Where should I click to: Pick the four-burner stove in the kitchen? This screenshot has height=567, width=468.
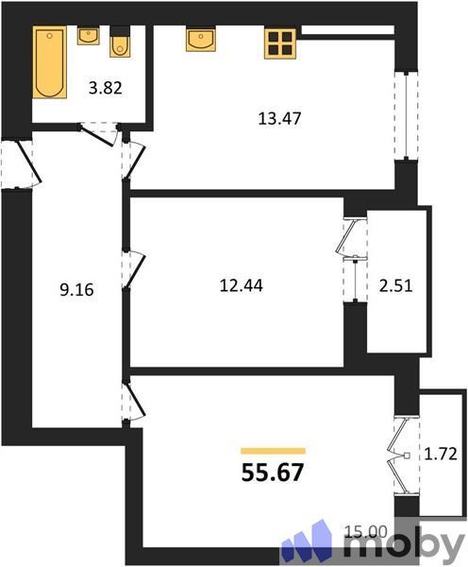[280, 42]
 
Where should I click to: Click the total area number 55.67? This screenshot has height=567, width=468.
[273, 470]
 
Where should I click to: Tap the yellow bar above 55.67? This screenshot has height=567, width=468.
[273, 452]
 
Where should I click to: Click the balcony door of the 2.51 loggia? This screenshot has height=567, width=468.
[353, 261]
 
